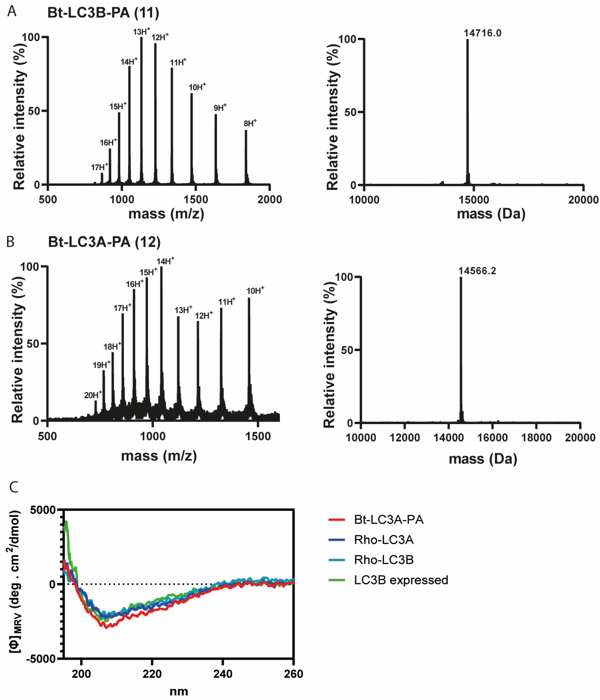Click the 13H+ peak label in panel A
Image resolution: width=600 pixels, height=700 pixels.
[x=141, y=32]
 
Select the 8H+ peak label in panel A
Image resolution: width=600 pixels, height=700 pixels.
[x=250, y=123]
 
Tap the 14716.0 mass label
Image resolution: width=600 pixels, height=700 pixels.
[x=482, y=33]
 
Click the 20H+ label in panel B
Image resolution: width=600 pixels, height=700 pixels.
[x=93, y=395]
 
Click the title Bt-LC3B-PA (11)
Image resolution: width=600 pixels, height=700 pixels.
[x=103, y=13]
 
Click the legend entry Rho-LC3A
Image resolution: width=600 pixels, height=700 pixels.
[x=384, y=540]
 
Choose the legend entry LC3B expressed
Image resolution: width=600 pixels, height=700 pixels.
[x=401, y=580]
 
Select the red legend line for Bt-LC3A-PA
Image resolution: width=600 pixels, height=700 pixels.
[x=337, y=520]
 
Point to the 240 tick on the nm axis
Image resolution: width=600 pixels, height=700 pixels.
[x=223, y=674]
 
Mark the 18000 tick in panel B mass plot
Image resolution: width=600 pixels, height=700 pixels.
[x=536, y=438]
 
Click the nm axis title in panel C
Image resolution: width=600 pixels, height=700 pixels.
[x=178, y=692]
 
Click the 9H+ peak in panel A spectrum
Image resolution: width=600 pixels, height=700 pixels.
[x=216, y=149]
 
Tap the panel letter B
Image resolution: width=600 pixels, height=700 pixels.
[x=10, y=242]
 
